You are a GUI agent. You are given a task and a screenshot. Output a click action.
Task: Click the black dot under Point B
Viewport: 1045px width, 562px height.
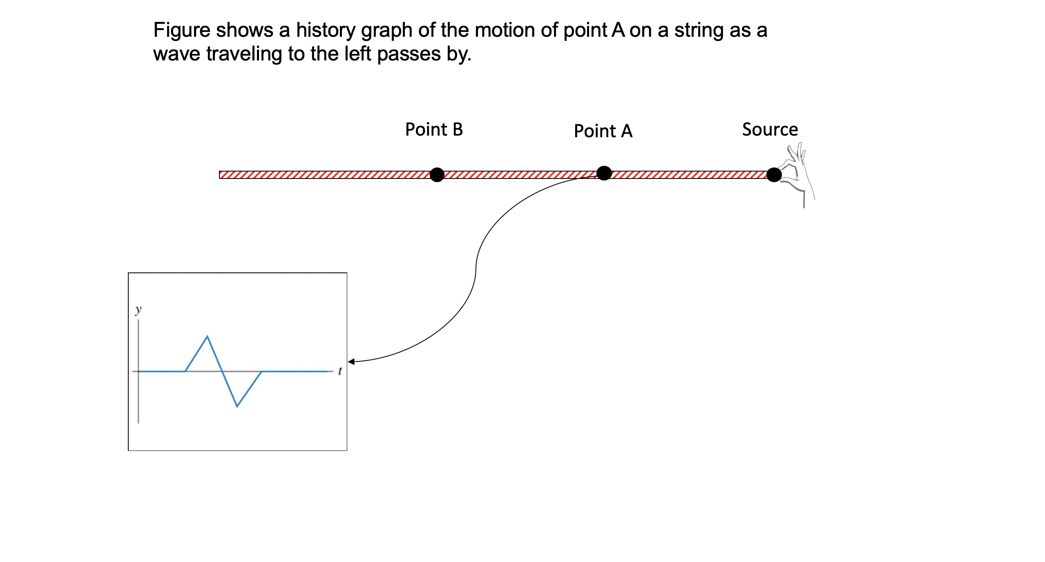[437, 175]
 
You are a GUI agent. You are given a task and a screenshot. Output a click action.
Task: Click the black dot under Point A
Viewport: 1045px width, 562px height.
[604, 173]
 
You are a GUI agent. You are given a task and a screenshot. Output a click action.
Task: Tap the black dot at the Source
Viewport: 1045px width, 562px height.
[774, 175]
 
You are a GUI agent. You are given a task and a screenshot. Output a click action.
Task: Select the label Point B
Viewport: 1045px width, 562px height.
[434, 129]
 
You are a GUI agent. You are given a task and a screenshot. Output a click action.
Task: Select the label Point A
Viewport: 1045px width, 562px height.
[603, 131]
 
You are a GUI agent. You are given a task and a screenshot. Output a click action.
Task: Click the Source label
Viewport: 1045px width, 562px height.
[770, 129]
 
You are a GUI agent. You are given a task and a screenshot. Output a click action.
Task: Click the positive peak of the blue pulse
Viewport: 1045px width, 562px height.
[208, 336]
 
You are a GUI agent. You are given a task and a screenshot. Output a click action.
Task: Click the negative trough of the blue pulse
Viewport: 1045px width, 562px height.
[237, 406]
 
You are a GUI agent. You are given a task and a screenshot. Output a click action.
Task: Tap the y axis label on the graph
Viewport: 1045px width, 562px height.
[138, 310]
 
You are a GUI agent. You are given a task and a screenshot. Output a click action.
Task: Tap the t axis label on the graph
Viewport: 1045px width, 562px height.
[340, 371]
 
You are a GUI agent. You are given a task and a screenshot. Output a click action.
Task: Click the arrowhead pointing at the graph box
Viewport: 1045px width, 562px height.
[351, 361]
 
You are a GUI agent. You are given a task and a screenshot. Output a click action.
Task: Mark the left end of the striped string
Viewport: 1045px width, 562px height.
[220, 175]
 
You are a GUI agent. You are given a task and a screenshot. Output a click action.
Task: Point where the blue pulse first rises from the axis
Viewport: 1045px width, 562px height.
[185, 371]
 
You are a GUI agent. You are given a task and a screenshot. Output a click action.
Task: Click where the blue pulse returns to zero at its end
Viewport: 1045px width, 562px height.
[261, 371]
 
